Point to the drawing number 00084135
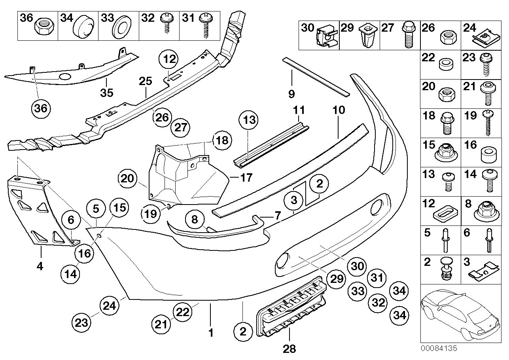pos(439,349)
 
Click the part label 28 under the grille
pos(290,349)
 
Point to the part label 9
pos(291,94)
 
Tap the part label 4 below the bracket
pos(40,266)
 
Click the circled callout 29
pos(335,279)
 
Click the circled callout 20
pos(128,179)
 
